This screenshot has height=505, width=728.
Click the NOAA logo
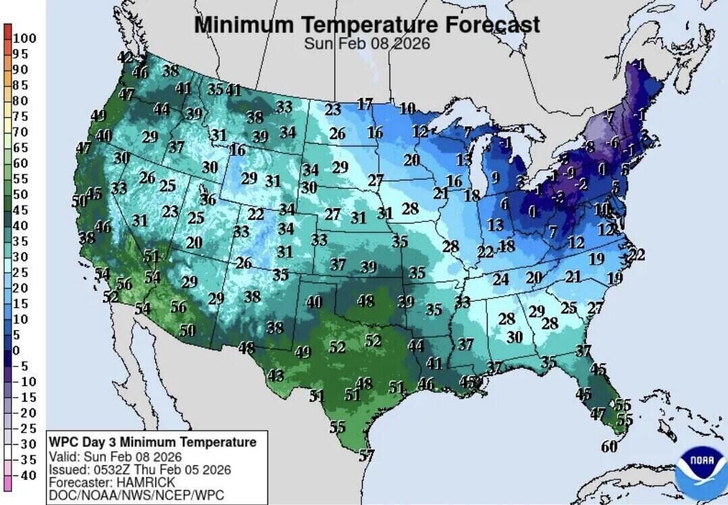pyautogui.click(x=699, y=467)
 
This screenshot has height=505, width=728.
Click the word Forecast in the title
pyautogui.click(x=492, y=25)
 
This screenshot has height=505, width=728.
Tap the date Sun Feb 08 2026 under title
pyautogui.click(x=367, y=44)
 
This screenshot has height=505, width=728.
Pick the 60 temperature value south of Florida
pyautogui.click(x=608, y=446)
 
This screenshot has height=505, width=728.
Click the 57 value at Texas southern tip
pyautogui.click(x=366, y=456)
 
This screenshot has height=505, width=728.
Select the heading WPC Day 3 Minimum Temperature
pyautogui.click(x=153, y=442)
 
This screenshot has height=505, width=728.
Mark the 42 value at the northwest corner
pyautogui.click(x=125, y=58)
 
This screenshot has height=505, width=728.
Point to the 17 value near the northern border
pyautogui.click(x=365, y=104)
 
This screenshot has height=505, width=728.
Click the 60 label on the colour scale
pyautogui.click(x=20, y=163)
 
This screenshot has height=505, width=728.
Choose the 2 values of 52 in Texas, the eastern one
pyautogui.click(x=373, y=341)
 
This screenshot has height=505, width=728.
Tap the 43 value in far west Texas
pyautogui.click(x=276, y=375)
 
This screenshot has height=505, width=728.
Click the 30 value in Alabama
pyautogui.click(x=515, y=336)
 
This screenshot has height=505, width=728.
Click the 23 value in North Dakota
pyautogui.click(x=333, y=109)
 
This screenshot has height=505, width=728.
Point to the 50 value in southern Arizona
pyautogui.click(x=187, y=330)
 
